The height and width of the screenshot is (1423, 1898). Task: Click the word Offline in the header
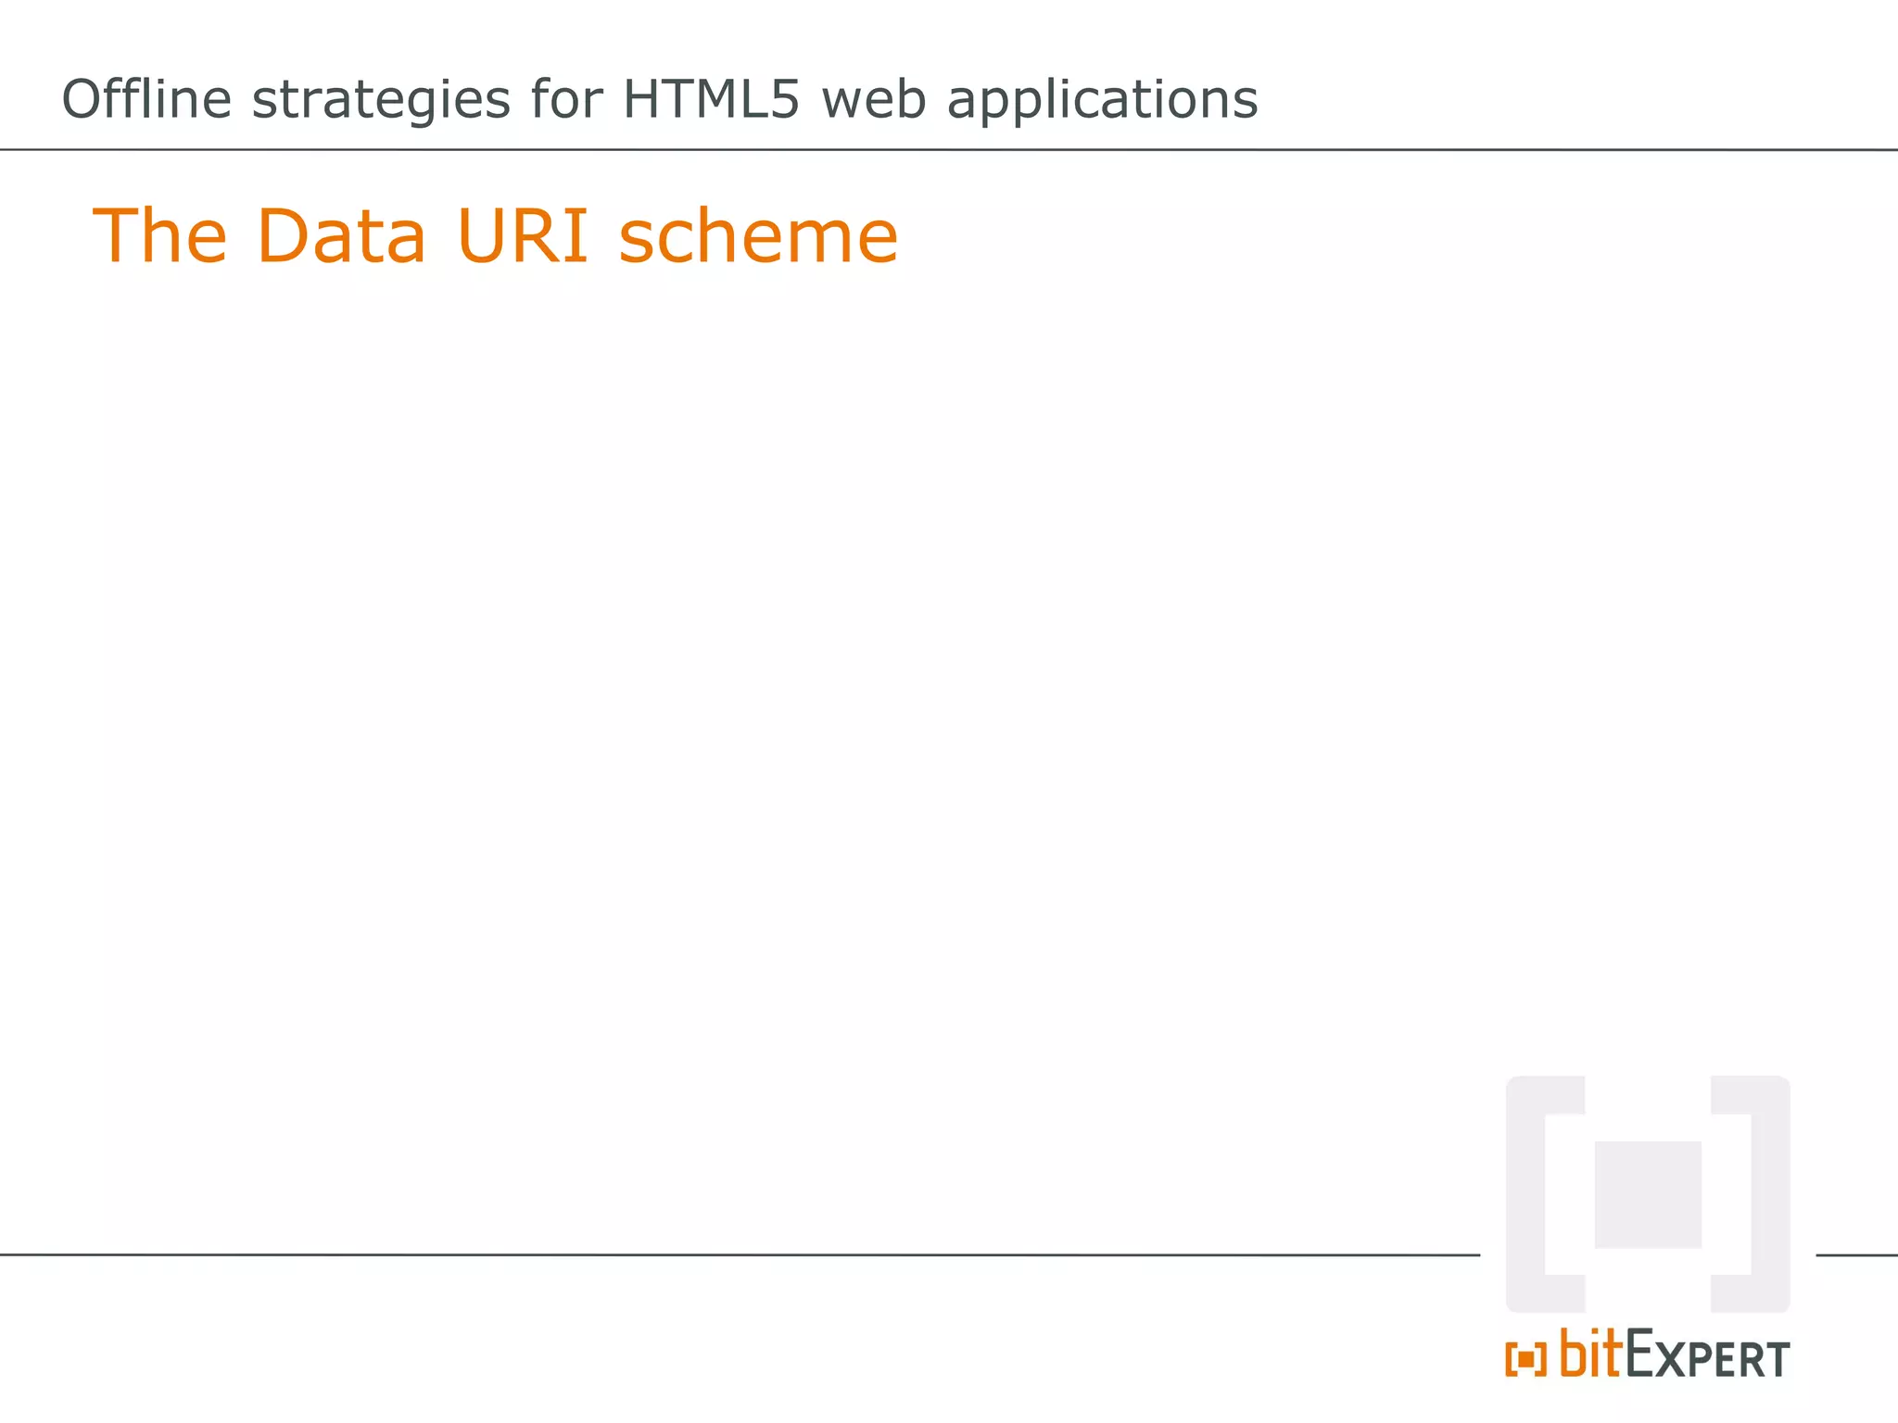coord(146,99)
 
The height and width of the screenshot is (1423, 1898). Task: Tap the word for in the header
coord(566,99)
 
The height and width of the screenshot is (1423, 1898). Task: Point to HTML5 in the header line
coord(710,99)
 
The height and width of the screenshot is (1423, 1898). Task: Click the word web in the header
coord(873,99)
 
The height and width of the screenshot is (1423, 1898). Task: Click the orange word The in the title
coord(159,236)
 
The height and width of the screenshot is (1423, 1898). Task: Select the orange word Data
coord(341,236)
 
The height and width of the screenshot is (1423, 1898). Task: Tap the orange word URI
coord(523,236)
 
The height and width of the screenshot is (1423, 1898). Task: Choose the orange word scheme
coord(758,236)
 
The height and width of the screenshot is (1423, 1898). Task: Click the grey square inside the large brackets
coord(1648,1194)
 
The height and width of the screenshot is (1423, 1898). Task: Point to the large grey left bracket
coord(1529,1194)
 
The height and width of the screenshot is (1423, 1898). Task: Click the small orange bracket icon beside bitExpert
coord(1525,1359)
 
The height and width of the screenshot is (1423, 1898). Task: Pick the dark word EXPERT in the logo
coord(1707,1356)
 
